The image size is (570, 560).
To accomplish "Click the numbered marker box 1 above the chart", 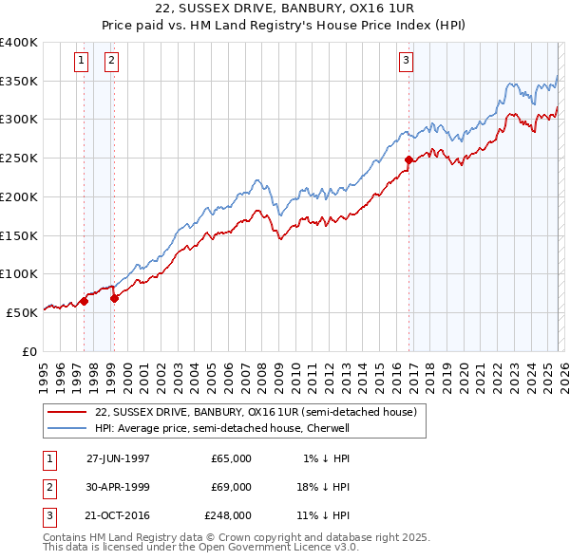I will pos(82,62).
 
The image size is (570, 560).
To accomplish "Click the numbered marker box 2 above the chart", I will pos(111,62).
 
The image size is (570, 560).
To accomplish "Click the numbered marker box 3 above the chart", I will pos(406,62).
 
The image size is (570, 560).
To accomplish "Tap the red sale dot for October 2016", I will pos(408,159).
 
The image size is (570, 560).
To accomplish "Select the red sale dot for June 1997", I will pos(85,301).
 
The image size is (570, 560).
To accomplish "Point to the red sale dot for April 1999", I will pos(115,297).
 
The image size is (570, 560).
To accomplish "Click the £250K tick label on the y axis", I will pos(18,159).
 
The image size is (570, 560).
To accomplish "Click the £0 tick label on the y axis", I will pos(28,350).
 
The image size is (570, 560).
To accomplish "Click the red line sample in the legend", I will pos(66,412).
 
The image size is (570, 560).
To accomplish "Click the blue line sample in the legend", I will pos(66,428).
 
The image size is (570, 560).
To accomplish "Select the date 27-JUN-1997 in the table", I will pos(118,457).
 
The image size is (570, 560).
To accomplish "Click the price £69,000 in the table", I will pos(231,487).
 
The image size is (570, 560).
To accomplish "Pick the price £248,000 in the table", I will pos(228,516).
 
